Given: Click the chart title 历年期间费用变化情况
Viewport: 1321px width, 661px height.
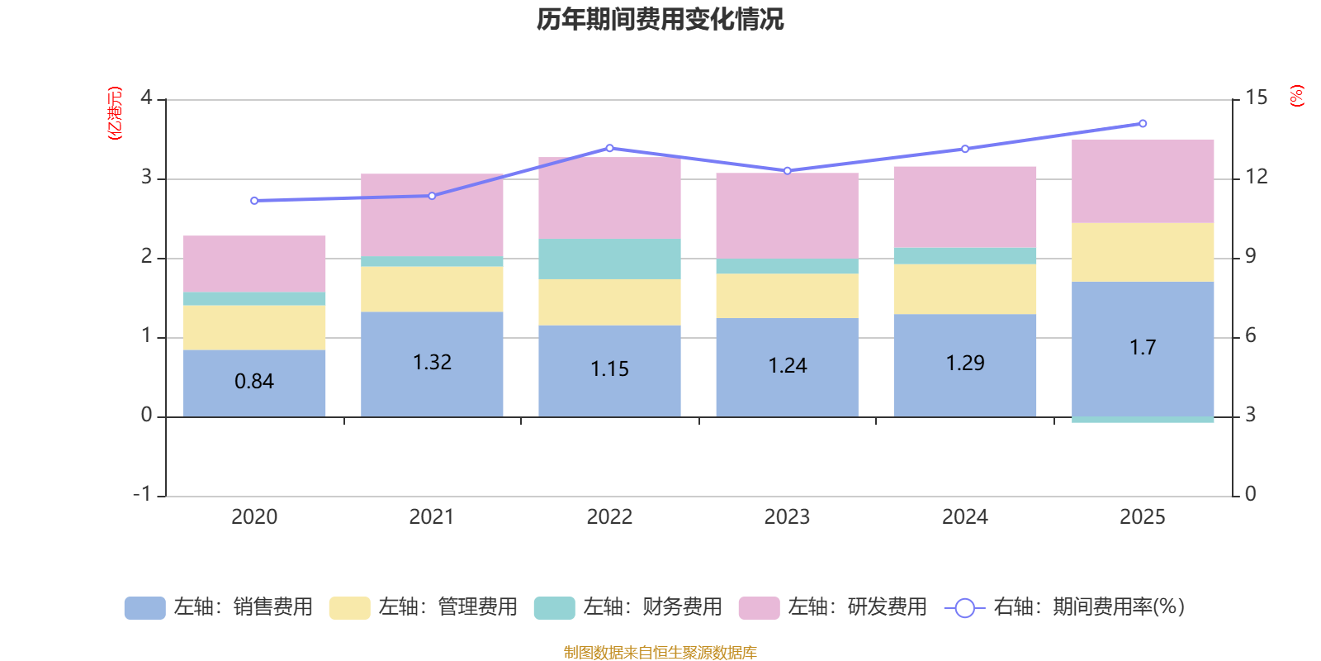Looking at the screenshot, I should (x=660, y=19).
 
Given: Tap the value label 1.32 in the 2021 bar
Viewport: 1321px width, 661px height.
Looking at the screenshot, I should (x=432, y=362).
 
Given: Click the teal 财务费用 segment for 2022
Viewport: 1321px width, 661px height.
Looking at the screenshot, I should (x=609, y=259).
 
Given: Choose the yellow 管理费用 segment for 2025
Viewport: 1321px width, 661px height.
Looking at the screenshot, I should (x=1143, y=252).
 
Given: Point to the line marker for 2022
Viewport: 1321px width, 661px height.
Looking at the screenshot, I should (x=609, y=148).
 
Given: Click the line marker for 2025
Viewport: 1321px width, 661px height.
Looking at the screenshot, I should (x=1143, y=124).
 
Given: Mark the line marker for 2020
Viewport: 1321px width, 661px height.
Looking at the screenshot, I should (x=254, y=201).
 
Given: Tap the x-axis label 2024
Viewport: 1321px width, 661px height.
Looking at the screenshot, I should (x=964, y=517).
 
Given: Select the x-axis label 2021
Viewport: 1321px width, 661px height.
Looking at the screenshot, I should (x=432, y=517).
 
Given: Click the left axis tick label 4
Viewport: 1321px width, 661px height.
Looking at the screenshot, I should (x=147, y=97).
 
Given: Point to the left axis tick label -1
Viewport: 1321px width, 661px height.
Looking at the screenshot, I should (x=143, y=493).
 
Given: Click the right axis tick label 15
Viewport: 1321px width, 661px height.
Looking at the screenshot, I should (x=1256, y=97).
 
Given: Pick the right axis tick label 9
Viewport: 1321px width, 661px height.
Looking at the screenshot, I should (x=1251, y=256).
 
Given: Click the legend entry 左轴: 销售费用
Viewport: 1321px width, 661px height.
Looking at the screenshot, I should (x=220, y=607).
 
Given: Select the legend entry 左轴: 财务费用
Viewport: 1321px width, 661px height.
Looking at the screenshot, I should (x=629, y=607).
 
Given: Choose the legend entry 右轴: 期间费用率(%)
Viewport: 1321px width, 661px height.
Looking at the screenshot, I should (x=1065, y=607).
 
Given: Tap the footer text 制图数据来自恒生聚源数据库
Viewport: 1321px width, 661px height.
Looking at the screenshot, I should (x=660, y=653).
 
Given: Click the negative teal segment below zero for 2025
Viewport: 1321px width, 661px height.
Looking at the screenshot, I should (x=1143, y=420).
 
